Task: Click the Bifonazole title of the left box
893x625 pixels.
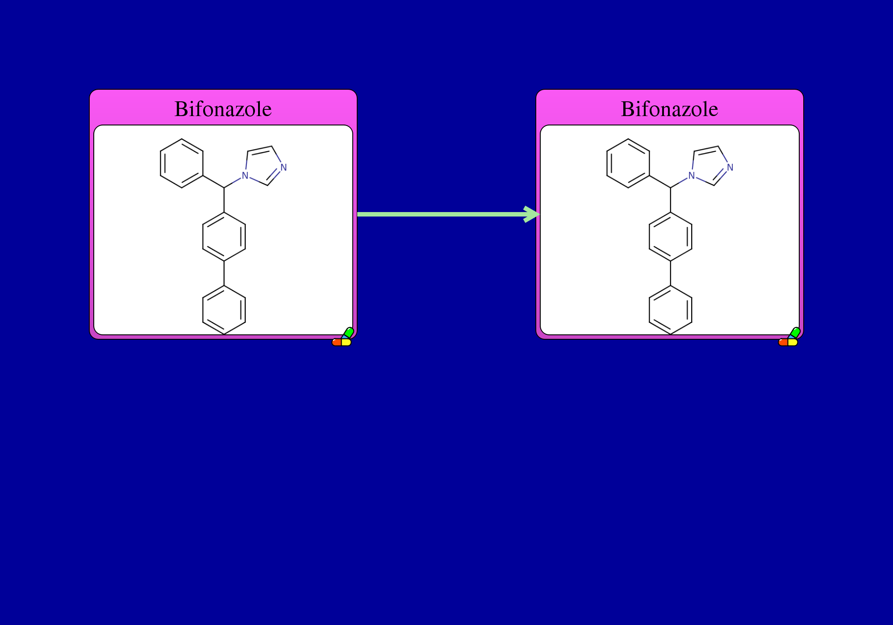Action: click(x=223, y=109)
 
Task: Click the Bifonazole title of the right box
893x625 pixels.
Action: click(x=670, y=109)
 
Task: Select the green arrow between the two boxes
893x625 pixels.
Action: click(x=448, y=214)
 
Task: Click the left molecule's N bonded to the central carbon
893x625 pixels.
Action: click(x=245, y=175)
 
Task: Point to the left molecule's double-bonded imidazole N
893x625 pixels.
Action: click(x=284, y=167)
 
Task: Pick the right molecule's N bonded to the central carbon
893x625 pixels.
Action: click(x=692, y=175)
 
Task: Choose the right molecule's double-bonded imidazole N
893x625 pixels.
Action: click(x=730, y=167)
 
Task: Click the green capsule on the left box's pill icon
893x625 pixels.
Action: click(x=349, y=333)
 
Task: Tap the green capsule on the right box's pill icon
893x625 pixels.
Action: click(x=795, y=333)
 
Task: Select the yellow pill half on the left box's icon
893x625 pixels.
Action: click(x=346, y=342)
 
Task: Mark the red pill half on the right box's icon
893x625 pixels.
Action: click(x=783, y=342)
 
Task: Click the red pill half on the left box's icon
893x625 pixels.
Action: click(x=337, y=342)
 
